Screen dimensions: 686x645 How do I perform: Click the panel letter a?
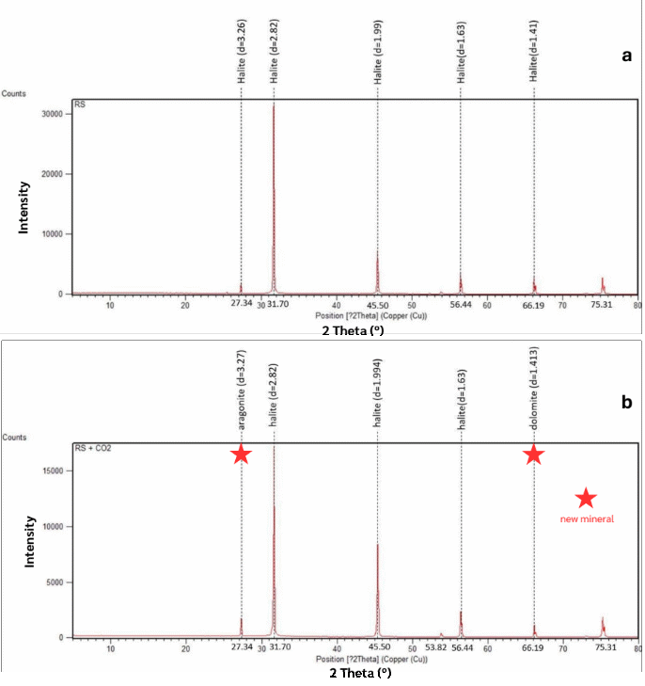(x=626, y=56)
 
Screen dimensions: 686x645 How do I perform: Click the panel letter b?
(x=626, y=401)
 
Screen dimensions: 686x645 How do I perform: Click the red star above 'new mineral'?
(x=585, y=498)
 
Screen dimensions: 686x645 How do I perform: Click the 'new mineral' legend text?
(x=587, y=519)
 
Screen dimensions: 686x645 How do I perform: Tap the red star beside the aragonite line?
(x=241, y=455)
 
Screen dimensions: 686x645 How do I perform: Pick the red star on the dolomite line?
(x=533, y=455)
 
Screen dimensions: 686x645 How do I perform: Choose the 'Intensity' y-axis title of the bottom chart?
(x=27, y=542)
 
